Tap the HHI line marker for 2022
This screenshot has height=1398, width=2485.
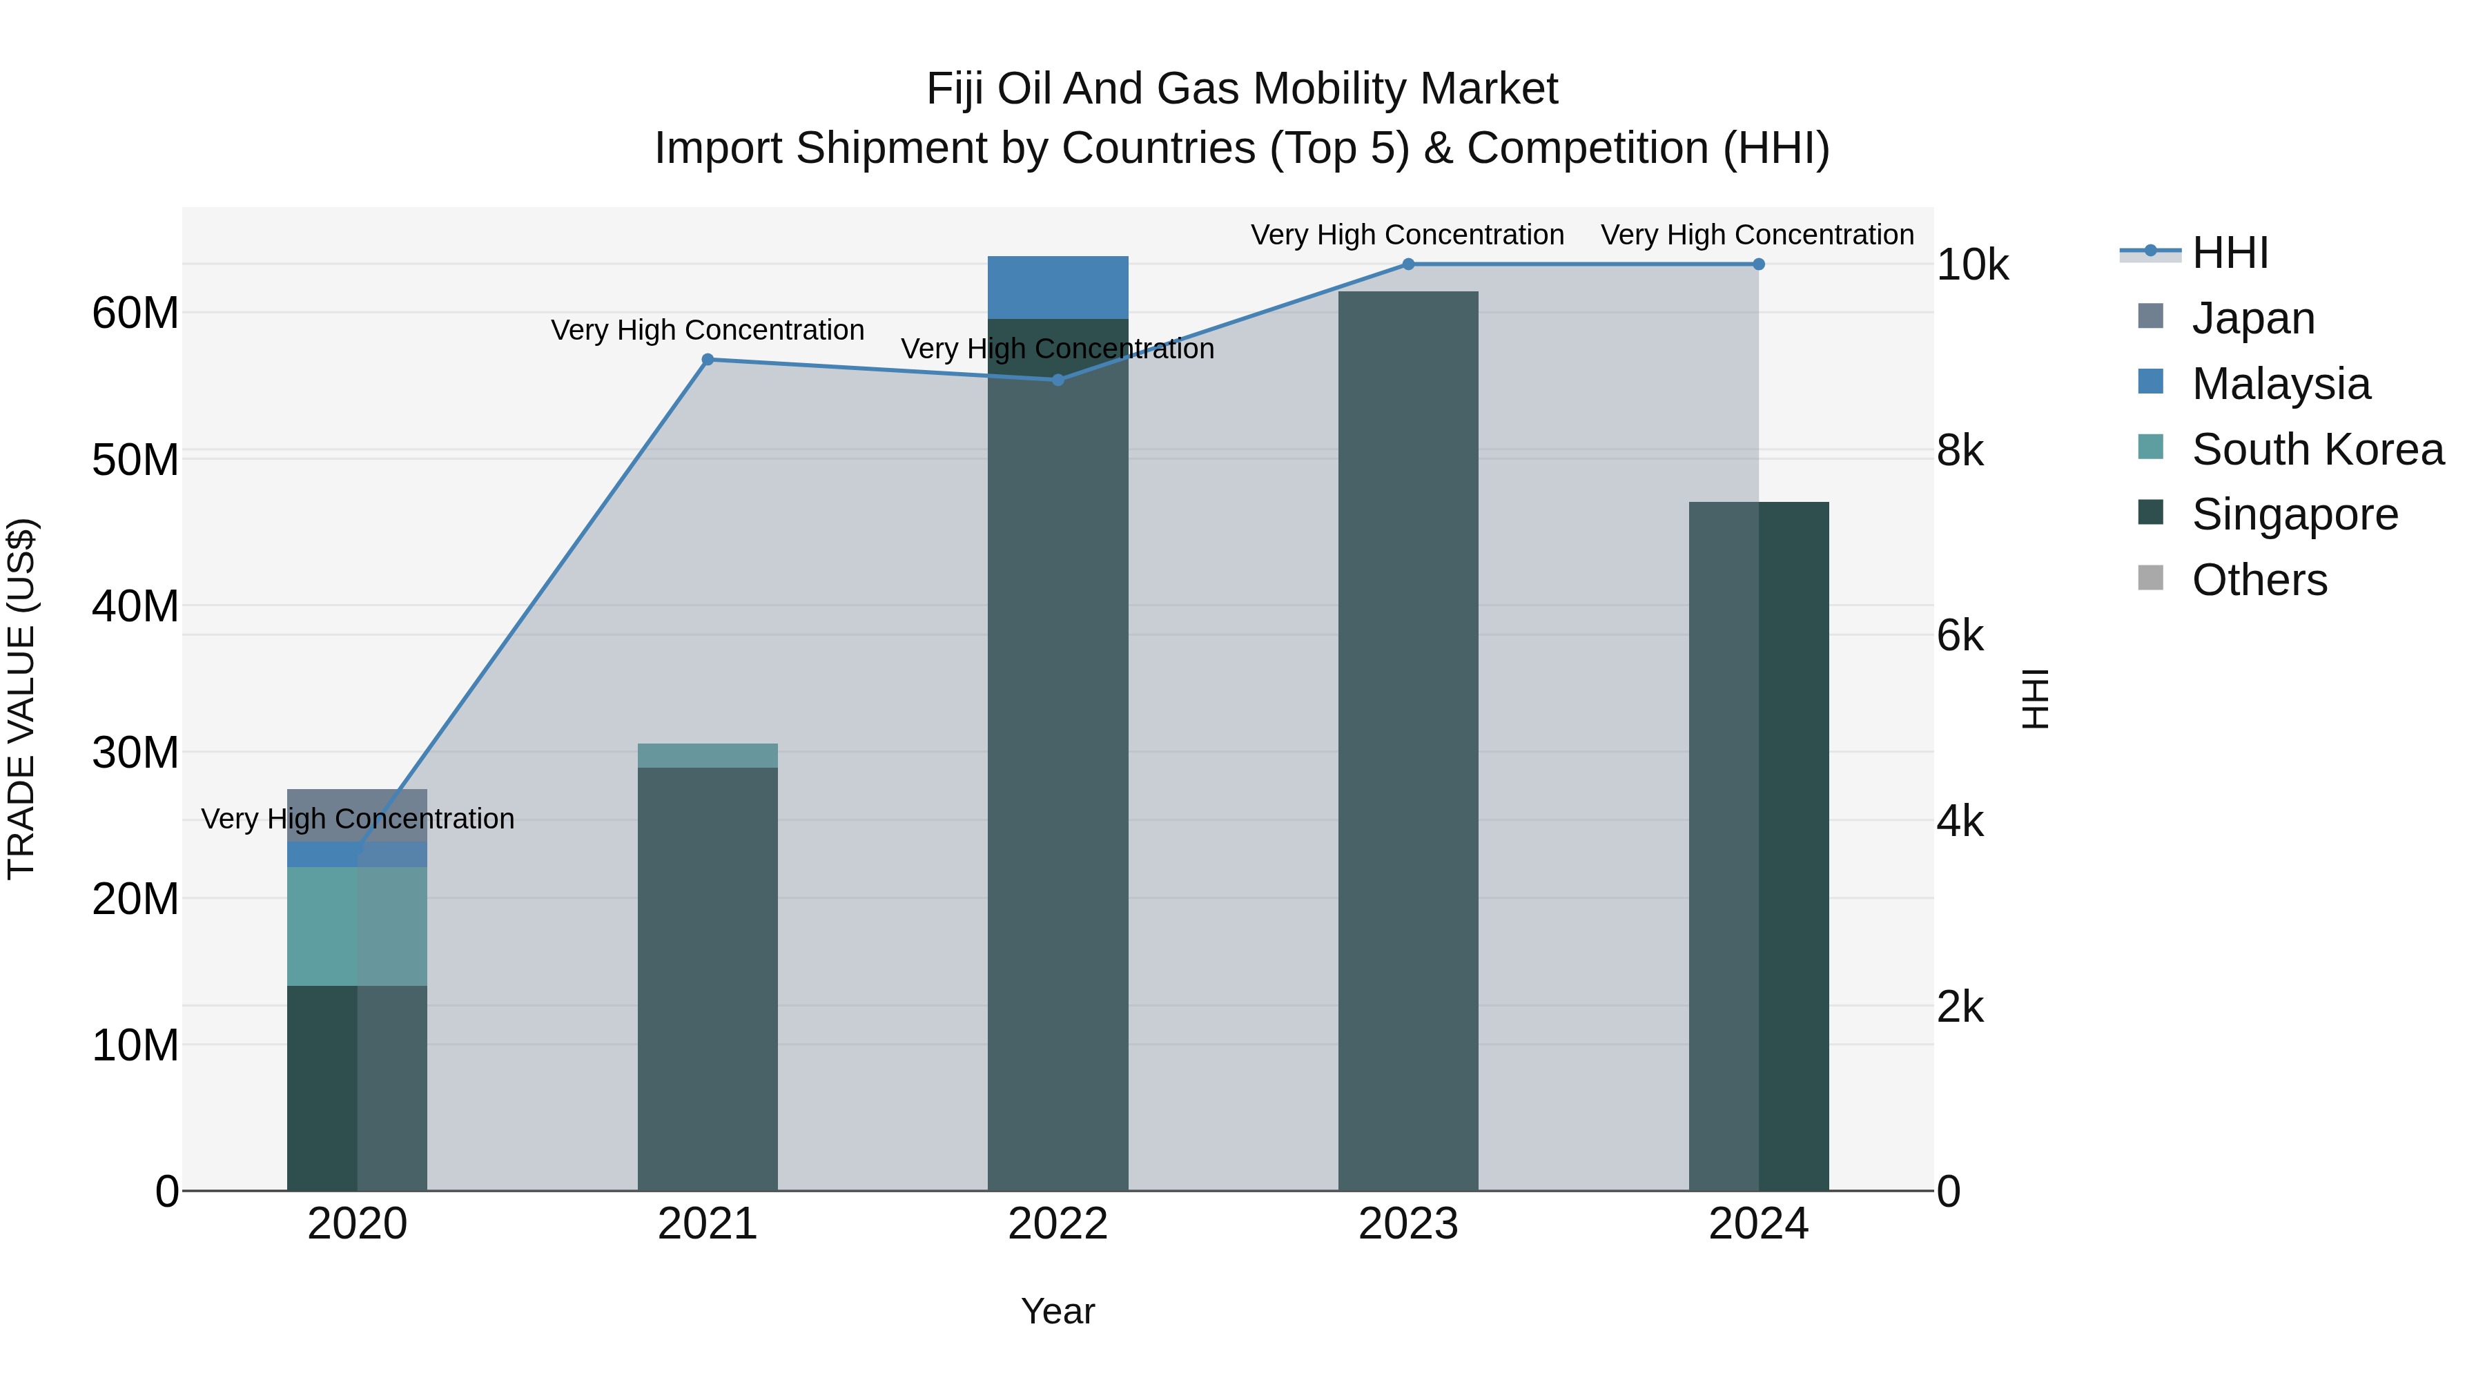(x=1058, y=380)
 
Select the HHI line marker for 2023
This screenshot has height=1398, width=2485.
(x=1407, y=264)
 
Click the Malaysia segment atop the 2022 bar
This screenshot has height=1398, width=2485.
(x=1058, y=287)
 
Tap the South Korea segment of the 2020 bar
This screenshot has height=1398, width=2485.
(x=357, y=926)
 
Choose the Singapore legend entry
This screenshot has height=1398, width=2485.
(x=2293, y=514)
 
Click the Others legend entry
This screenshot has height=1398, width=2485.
(x=2259, y=580)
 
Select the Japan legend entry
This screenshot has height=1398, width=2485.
(x=2252, y=318)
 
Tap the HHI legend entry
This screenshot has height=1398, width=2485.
(x=2230, y=253)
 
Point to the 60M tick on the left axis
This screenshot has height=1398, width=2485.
(x=135, y=313)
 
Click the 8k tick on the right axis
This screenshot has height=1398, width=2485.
(x=1960, y=451)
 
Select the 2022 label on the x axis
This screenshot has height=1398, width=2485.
(x=1058, y=1224)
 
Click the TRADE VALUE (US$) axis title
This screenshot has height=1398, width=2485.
(x=21, y=699)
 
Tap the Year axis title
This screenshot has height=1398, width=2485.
(x=1058, y=1311)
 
